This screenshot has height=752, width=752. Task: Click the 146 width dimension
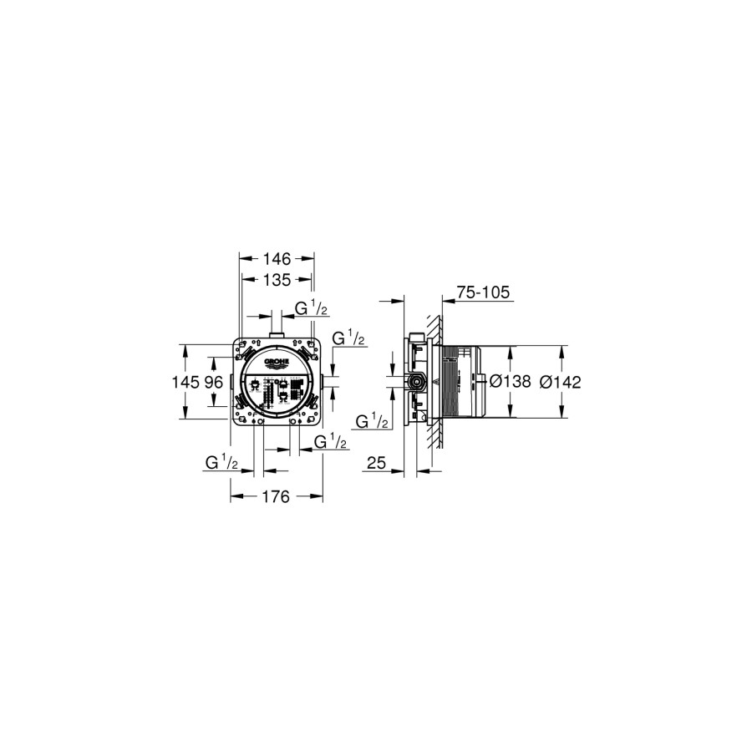(277, 260)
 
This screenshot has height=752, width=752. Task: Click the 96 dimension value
(213, 382)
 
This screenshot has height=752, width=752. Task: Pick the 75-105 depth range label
(484, 292)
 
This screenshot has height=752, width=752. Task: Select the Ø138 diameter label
(510, 382)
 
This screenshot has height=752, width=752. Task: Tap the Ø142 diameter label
(560, 382)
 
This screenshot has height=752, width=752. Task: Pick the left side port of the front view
(231, 382)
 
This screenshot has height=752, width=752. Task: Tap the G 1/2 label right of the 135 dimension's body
(348, 338)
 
